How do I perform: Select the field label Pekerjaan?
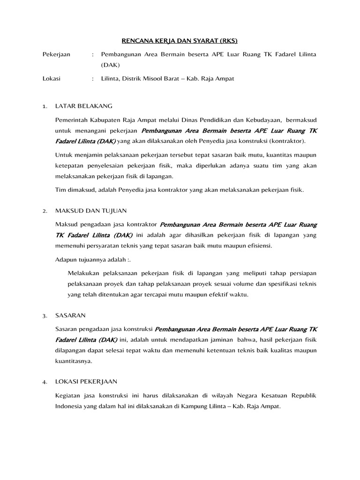point(57,54)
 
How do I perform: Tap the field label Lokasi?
point(51,79)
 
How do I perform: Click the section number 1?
point(45,106)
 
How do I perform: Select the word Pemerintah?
point(72,119)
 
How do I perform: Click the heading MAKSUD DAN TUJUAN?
point(91,211)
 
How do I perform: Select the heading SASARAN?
point(70,315)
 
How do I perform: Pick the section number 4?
point(45,382)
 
